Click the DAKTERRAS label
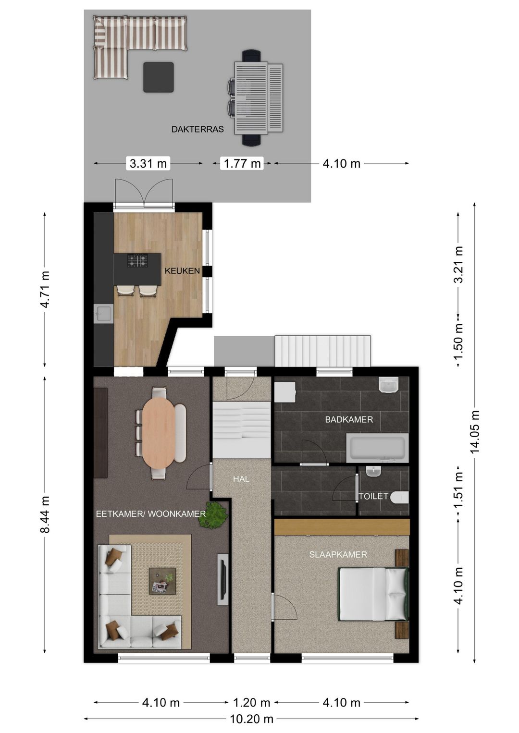(x=198, y=129)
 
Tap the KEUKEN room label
(x=182, y=270)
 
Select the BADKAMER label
(x=349, y=419)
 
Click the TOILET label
(x=373, y=496)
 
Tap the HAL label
(x=241, y=479)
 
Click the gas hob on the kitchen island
(x=137, y=261)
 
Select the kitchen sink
(x=103, y=314)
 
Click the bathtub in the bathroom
(x=377, y=448)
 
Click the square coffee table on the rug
(x=162, y=581)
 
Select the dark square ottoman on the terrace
(x=159, y=77)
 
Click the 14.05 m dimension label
(x=475, y=432)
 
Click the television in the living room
(x=222, y=579)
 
